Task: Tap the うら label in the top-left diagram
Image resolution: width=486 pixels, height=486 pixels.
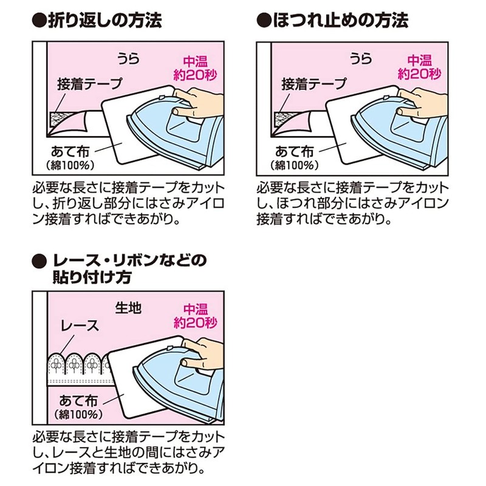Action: click(128, 59)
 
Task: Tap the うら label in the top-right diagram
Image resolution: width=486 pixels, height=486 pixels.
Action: click(360, 59)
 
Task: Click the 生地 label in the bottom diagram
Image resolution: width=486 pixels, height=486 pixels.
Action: click(128, 308)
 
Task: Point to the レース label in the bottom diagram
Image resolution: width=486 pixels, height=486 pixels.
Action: click(80, 325)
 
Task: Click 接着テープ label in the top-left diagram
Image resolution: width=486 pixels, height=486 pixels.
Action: click(90, 84)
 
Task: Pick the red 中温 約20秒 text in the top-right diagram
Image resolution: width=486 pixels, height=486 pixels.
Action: click(419, 67)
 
